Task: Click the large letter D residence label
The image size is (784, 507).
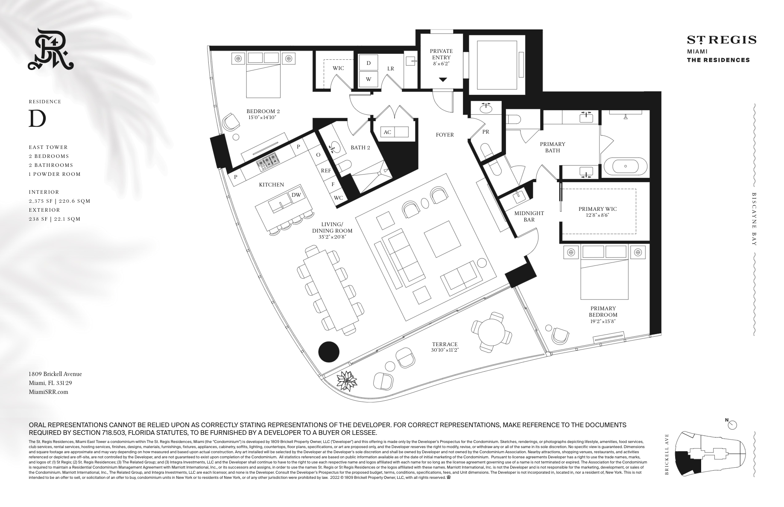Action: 37,119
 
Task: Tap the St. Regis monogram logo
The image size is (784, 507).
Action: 50,50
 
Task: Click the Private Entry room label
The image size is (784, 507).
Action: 441,54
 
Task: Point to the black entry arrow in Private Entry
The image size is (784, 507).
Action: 443,80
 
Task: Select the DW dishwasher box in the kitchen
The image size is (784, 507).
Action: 296,195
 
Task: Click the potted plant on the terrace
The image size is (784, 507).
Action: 347,380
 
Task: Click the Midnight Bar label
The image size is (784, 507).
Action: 529,216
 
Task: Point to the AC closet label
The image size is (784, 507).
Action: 387,132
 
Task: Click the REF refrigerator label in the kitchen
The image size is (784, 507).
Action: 326,170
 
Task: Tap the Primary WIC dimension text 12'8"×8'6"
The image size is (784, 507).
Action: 597,215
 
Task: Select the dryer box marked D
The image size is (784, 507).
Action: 369,63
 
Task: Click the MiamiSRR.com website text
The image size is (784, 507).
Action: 48,392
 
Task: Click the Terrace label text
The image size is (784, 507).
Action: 445,344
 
